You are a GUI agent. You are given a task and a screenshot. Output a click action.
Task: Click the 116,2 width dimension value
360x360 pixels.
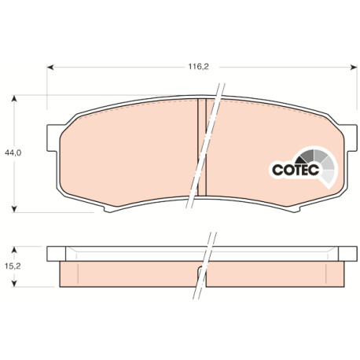198,67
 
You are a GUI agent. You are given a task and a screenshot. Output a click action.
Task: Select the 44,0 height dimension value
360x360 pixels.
13,152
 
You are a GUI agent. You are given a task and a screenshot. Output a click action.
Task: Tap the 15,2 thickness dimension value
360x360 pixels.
13,266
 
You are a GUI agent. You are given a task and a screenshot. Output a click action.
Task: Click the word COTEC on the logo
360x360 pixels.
296,170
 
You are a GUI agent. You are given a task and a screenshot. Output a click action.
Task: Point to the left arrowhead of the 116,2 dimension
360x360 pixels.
50,68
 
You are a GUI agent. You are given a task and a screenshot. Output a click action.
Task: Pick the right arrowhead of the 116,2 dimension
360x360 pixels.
354,68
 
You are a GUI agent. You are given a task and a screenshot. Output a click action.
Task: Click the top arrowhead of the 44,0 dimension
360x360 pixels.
14,98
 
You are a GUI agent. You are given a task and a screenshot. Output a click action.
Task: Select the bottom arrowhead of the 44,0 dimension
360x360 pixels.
14,209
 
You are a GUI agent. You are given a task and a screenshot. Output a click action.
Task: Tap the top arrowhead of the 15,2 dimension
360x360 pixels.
14,250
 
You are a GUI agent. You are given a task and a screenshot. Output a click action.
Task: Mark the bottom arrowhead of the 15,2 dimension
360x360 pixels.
14,283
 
